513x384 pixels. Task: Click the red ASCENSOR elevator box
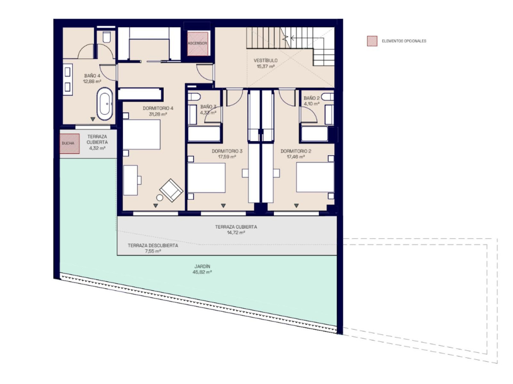coord(198,44)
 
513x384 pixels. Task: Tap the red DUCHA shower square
coord(69,143)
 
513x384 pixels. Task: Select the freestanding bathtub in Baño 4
coord(105,104)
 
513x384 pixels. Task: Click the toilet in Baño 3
coord(194,97)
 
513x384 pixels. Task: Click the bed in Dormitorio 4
coord(142,134)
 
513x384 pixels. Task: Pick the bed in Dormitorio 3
coord(206,178)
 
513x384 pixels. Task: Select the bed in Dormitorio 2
coord(315,177)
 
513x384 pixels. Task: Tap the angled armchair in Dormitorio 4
coord(171,190)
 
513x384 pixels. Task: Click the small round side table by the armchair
coord(159,198)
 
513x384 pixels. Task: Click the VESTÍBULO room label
coord(265,61)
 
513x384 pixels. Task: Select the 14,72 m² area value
coord(236,233)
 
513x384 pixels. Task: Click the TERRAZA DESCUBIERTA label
coord(153,245)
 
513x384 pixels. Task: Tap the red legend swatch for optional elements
coord(372,41)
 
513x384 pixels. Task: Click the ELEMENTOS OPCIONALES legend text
coord(404,41)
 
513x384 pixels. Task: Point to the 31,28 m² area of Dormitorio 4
coord(158,114)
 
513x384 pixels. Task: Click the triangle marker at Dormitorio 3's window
coord(223,206)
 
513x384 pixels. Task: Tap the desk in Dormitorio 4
coord(130,180)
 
